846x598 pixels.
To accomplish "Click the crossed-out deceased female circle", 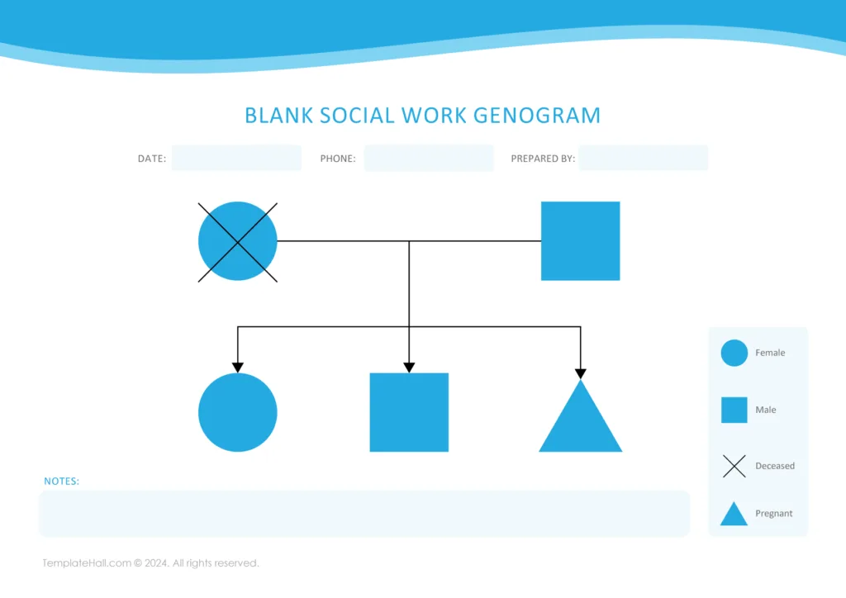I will (238, 241).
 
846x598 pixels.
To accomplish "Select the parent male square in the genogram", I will (580, 241).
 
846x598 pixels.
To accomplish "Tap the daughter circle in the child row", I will (238, 412).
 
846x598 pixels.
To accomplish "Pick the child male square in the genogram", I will (409, 412).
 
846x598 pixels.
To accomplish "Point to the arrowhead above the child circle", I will (238, 368).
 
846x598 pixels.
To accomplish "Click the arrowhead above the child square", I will (409, 368).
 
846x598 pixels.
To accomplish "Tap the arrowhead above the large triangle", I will (580, 373).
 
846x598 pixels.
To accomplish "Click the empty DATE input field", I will (236, 158).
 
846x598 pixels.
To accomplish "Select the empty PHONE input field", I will (429, 158).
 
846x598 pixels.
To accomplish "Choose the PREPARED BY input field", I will (644, 158).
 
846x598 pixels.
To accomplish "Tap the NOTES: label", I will (62, 481).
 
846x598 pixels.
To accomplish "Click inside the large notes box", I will (364, 514).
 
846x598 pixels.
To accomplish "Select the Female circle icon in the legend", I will (734, 353).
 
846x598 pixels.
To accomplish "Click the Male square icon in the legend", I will (734, 410).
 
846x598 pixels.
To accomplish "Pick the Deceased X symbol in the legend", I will (734, 466).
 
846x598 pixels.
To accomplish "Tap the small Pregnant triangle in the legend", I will (734, 515).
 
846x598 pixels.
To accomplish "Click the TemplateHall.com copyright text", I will (151, 563).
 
